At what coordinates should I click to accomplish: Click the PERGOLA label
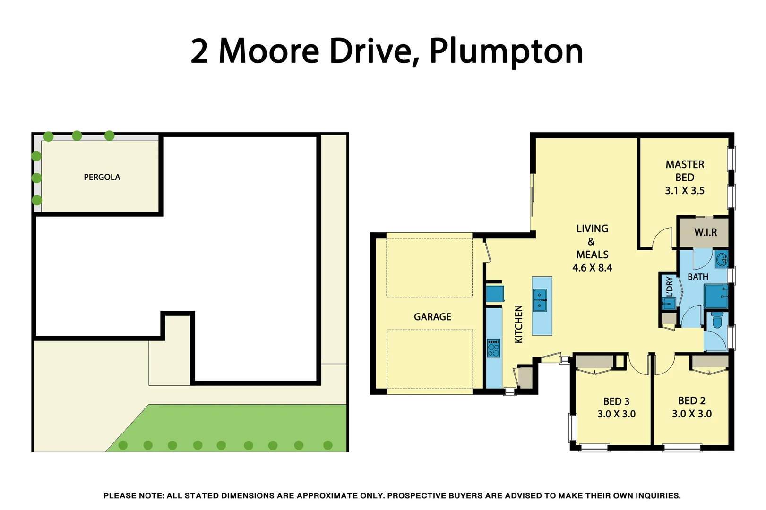click(102, 177)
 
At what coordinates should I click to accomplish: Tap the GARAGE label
click(432, 317)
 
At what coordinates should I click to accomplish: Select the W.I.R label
click(705, 232)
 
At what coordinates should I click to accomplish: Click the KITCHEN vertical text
click(519, 324)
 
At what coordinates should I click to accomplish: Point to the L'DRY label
click(669, 287)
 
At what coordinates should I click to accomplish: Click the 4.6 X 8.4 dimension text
click(592, 268)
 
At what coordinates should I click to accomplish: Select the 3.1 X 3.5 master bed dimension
click(684, 191)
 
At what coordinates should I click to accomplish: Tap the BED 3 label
click(616, 401)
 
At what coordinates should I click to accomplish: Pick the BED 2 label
click(691, 401)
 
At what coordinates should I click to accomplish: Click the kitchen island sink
click(540, 300)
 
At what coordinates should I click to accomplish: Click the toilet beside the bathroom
click(717, 320)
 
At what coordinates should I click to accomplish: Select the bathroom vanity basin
click(722, 259)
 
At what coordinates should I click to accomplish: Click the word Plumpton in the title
click(506, 51)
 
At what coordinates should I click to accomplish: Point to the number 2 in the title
click(199, 51)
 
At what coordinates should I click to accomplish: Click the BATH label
click(697, 277)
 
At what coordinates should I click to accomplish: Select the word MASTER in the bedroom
click(685, 164)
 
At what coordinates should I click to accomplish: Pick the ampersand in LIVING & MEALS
click(591, 242)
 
